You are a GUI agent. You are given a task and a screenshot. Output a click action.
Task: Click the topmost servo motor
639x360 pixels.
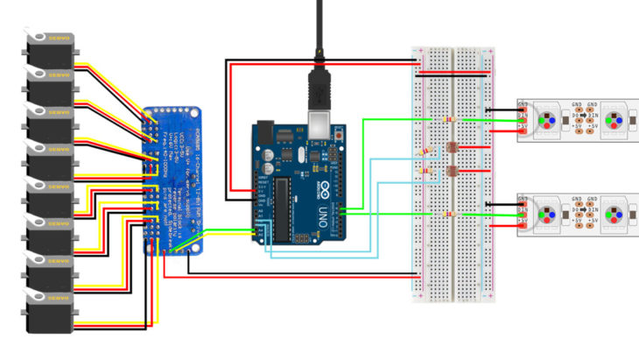50,49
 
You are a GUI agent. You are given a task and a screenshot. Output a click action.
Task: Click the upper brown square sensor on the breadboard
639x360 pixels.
453,148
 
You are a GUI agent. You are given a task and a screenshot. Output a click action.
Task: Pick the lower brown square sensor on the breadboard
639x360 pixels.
453,171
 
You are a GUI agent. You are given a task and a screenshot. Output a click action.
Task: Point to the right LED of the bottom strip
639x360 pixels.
619,214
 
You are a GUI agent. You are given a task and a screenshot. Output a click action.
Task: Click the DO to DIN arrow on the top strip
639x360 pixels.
584,115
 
